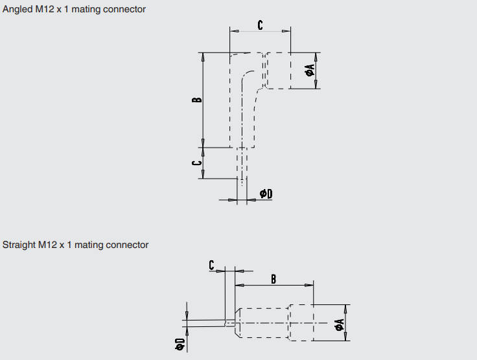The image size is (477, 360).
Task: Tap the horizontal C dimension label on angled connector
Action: pyautogui.click(x=261, y=25)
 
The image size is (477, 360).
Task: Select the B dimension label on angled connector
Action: pyautogui.click(x=197, y=100)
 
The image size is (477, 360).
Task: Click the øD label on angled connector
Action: pyautogui.click(x=266, y=194)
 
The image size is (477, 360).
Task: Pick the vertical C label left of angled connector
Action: pyautogui.click(x=196, y=163)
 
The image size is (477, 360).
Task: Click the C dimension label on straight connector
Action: pyautogui.click(x=212, y=265)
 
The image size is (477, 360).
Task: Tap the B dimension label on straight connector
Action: pyautogui.click(x=273, y=279)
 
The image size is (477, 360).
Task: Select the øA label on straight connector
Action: pyautogui.click(x=339, y=324)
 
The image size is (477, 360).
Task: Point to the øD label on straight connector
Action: pyautogui.click(x=180, y=344)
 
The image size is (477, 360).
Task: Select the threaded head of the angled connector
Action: pyautogui.click(x=277, y=70)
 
